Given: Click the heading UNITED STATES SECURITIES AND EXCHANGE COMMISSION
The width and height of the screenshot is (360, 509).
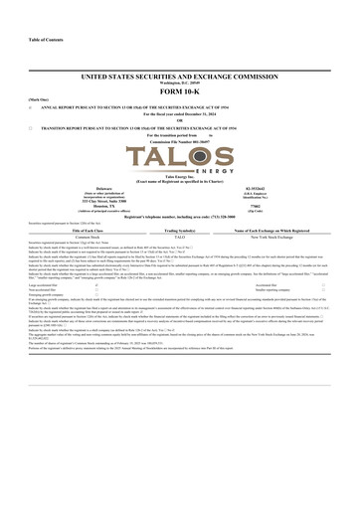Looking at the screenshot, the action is (180, 77).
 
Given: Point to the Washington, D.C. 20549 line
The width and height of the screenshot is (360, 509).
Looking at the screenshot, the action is (180, 84).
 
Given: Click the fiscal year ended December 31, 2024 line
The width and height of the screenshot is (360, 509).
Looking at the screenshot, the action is (180, 116).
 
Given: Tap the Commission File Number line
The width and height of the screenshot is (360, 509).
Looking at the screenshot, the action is (180, 144).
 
